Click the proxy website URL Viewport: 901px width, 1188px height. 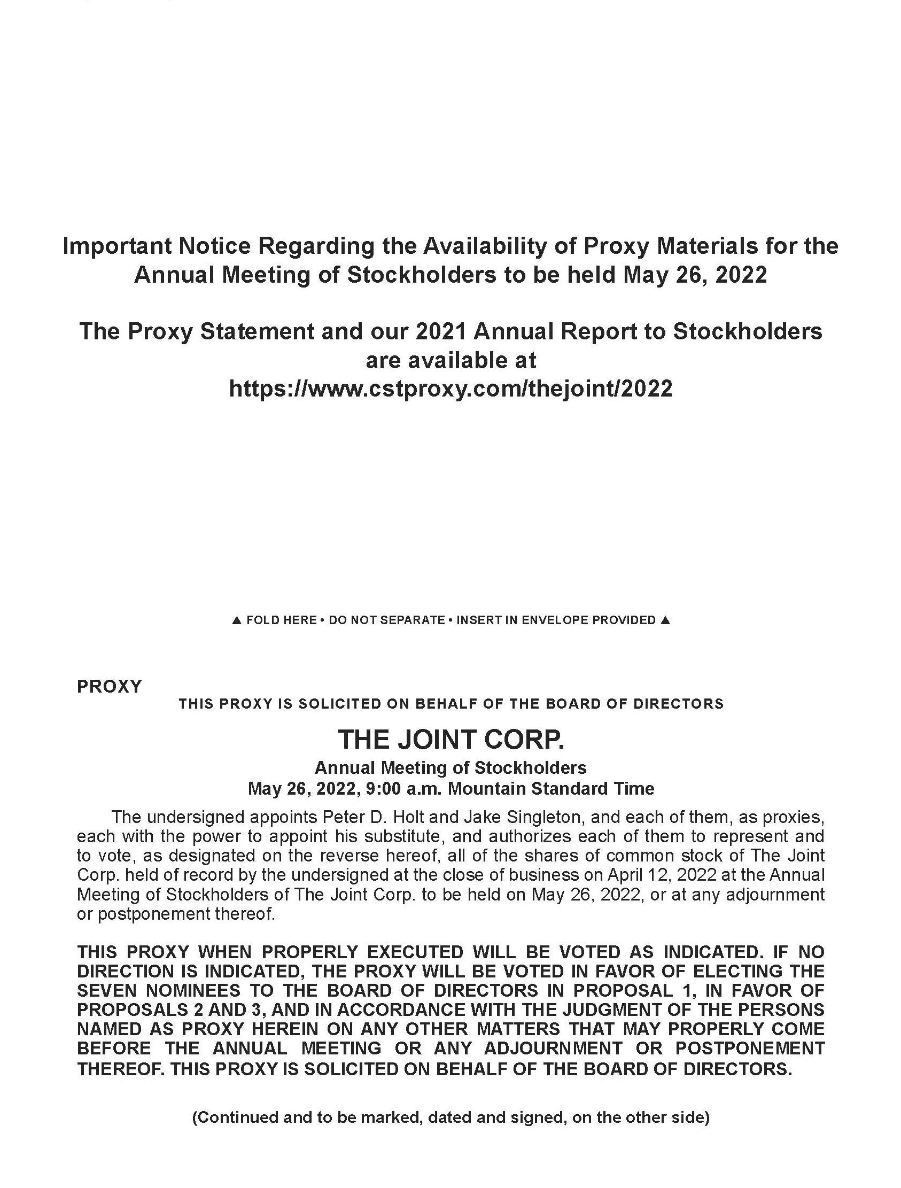click(450, 388)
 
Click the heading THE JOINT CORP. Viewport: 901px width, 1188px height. click(450, 740)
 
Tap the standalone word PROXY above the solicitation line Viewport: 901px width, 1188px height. click(110, 686)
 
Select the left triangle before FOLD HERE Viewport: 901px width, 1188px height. click(236, 620)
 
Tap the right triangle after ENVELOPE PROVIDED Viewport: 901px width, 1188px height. click(665, 620)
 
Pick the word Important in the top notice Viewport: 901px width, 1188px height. click(117, 246)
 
